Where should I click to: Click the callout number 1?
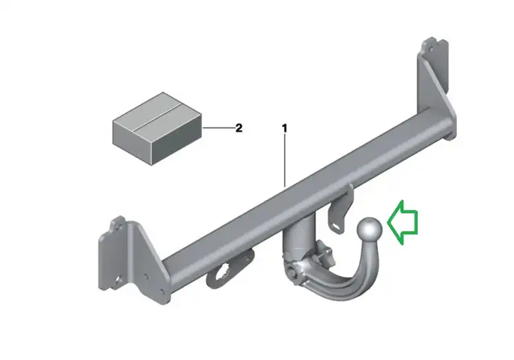coord(285,128)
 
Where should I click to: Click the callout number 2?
coord(239,128)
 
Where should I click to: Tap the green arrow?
coord(402,223)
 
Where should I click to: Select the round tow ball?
coord(369,230)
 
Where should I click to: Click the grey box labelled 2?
coord(157,128)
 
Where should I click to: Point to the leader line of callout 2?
coord(218,128)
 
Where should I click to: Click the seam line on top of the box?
coord(157,117)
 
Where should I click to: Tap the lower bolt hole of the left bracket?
coord(119,280)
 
